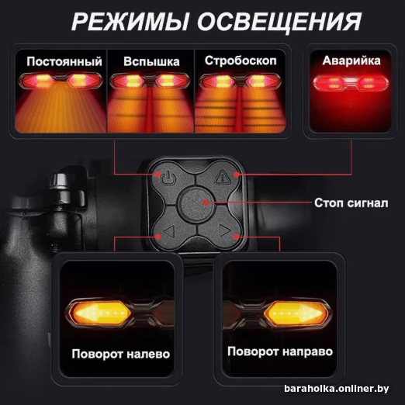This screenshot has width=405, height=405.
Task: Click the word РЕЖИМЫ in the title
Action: click(130, 22)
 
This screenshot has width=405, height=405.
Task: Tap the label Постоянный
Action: click(64, 61)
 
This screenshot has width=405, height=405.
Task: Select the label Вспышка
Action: click(151, 61)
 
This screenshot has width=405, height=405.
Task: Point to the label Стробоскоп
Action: click(241, 61)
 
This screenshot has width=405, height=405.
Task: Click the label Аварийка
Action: click(351, 61)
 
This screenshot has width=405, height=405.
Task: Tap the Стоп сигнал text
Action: click(351, 203)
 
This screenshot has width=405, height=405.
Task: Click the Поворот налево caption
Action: click(121, 354)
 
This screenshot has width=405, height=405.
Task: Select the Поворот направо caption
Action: click(280, 351)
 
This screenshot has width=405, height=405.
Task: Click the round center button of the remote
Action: click(196, 203)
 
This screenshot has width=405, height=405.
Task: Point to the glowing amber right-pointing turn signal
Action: click(296, 313)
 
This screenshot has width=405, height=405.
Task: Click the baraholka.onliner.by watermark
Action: click(337, 388)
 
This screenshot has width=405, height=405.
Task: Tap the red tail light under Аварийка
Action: click(351, 83)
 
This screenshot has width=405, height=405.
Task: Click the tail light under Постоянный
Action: click(61, 81)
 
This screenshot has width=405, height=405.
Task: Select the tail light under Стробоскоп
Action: click(240, 81)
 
